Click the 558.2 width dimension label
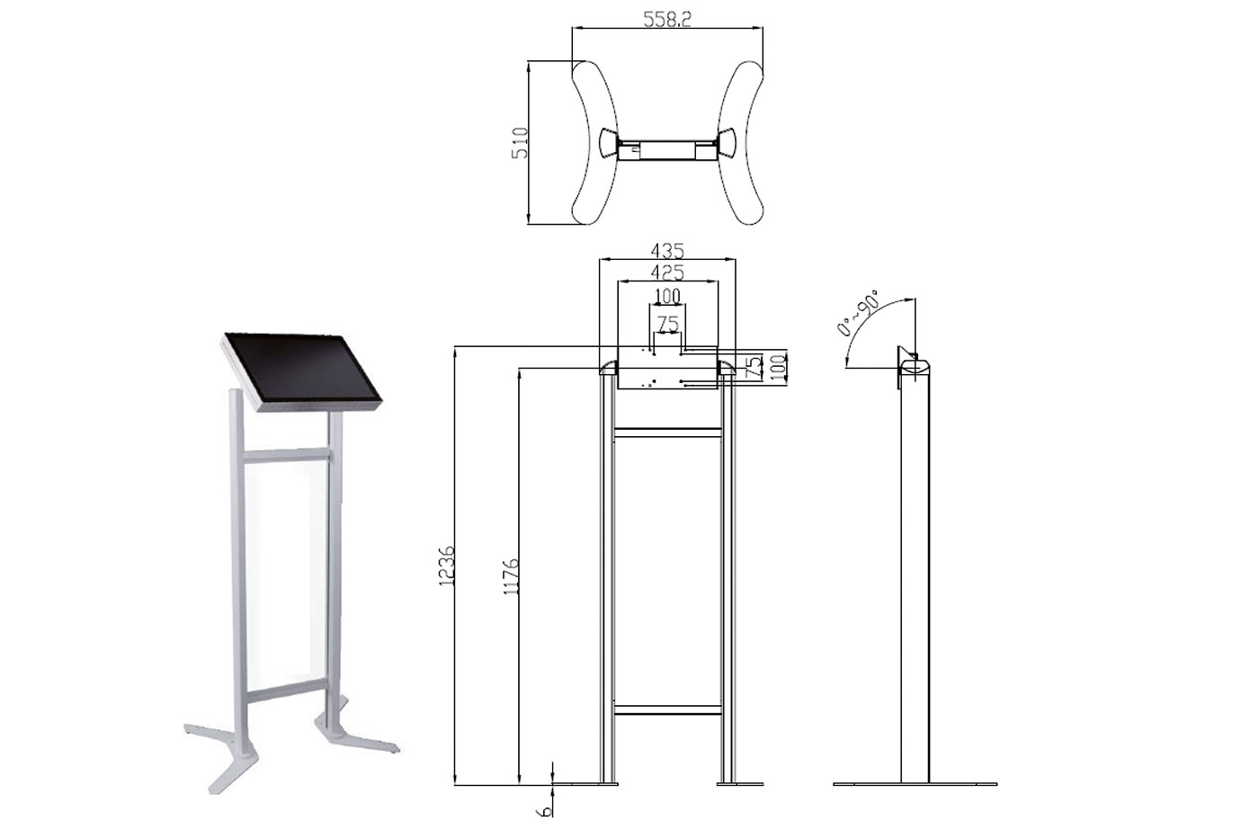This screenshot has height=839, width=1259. [x=667, y=19]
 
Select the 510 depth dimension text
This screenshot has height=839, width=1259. [x=521, y=143]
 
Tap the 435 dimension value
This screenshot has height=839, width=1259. [x=667, y=250]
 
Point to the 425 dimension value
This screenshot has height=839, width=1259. [x=667, y=272]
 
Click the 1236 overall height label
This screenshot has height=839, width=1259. [x=446, y=566]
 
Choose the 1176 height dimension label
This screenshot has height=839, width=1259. [x=512, y=576]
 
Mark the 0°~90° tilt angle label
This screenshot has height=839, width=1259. [x=858, y=312]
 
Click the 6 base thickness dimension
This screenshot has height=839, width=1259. [x=544, y=811]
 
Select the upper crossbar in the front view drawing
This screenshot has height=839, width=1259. [x=667, y=433]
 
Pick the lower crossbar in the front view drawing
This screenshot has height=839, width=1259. [x=667, y=710]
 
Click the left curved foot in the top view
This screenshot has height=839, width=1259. [x=595, y=143]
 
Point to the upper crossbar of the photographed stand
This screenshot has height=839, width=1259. [x=286, y=455]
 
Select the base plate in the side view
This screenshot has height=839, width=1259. [x=915, y=784]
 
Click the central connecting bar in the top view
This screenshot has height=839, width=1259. [x=667, y=150]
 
